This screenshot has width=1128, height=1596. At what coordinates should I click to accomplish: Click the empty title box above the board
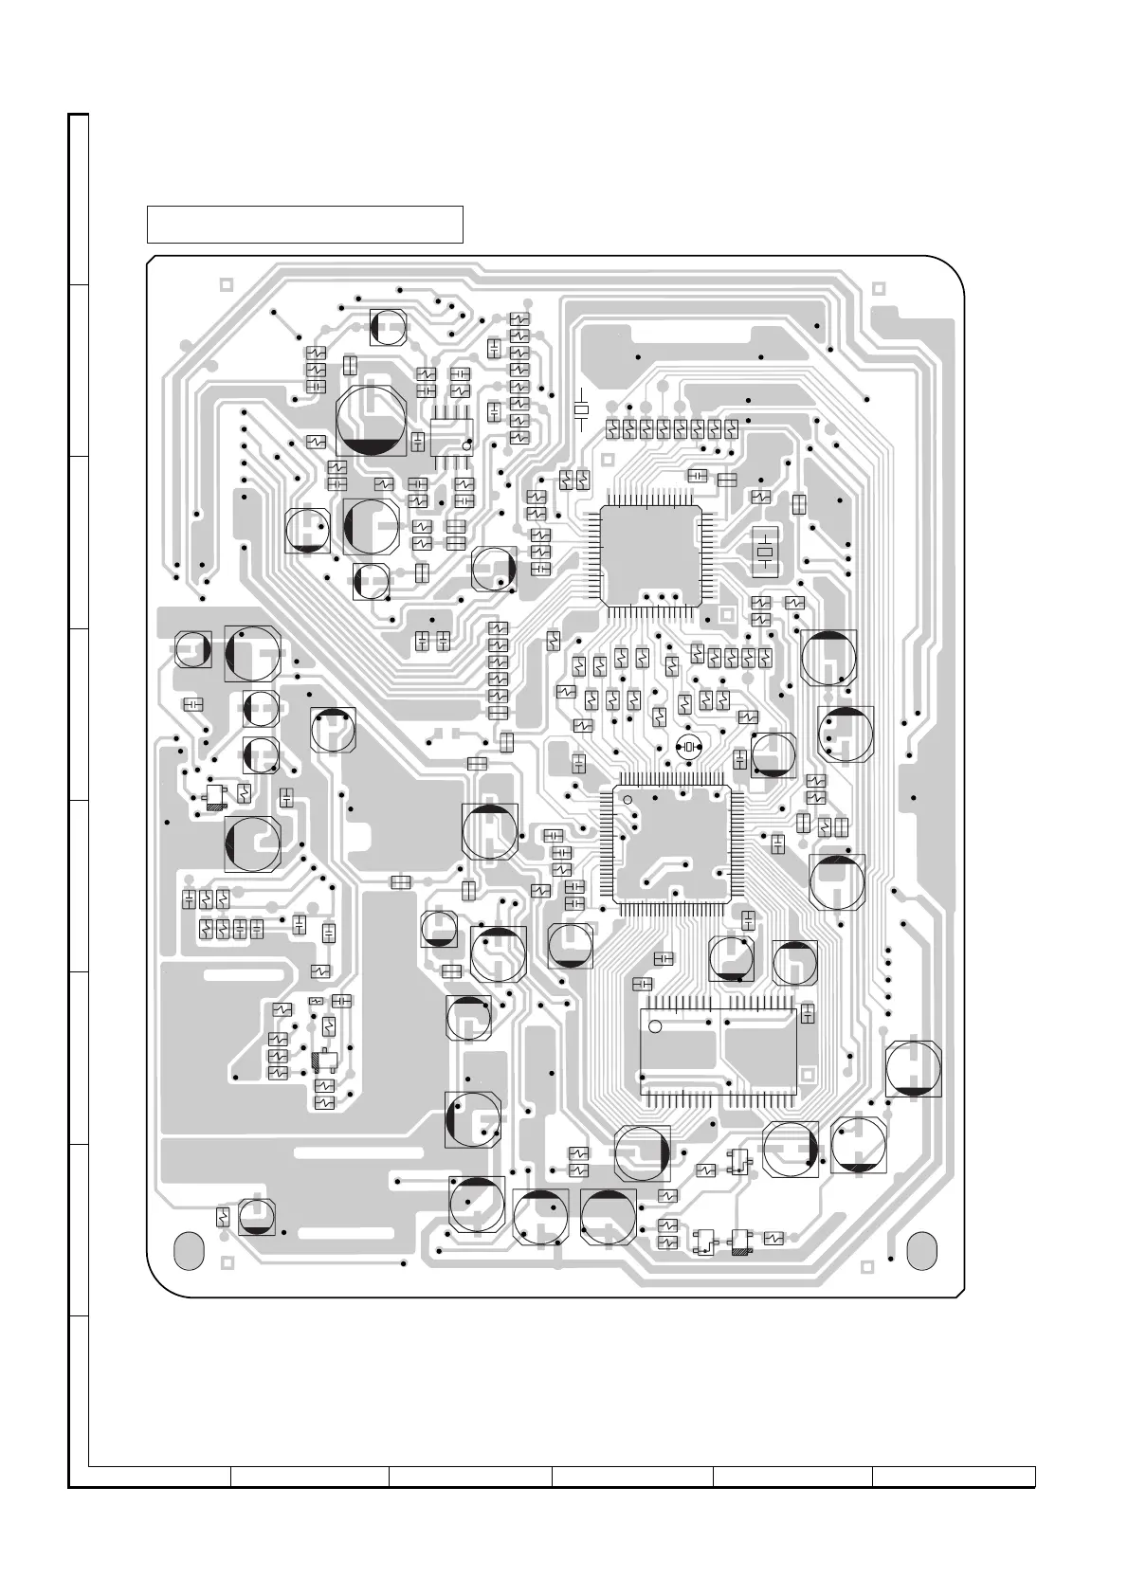pyautogui.click(x=304, y=225)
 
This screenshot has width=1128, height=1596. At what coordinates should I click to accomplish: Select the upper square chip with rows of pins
pyautogui.click(x=651, y=555)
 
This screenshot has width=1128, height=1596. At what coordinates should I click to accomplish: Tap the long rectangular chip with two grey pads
pyautogui.click(x=719, y=1053)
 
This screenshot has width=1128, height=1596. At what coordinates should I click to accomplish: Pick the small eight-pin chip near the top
pyautogui.click(x=451, y=437)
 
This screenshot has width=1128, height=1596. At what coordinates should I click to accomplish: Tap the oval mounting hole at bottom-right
pyautogui.click(x=921, y=1249)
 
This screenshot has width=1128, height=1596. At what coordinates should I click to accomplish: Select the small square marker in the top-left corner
pyautogui.click(x=226, y=284)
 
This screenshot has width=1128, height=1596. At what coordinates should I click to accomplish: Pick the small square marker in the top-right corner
pyautogui.click(x=878, y=287)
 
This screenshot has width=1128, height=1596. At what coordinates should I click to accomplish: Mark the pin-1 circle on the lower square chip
pyautogui.click(x=627, y=800)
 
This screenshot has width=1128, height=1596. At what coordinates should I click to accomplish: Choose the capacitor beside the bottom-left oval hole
pyautogui.click(x=256, y=1216)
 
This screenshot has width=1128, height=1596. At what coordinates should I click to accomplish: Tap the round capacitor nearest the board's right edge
pyautogui.click(x=914, y=1068)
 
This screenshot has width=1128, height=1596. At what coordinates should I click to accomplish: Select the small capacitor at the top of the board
pyautogui.click(x=388, y=327)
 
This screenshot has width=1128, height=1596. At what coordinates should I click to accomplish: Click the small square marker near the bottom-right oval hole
pyautogui.click(x=864, y=1266)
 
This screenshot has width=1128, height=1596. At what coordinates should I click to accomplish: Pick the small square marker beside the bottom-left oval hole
pyautogui.click(x=227, y=1262)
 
